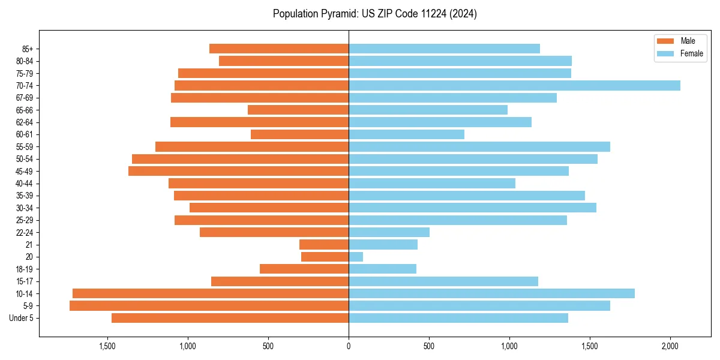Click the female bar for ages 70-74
pos(514,85)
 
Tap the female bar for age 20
pos(356,257)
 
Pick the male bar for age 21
pos(324,245)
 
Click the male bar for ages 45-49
pos(238,171)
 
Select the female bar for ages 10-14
pos(491,293)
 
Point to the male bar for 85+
pos(279,49)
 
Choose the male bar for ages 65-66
pos(298,110)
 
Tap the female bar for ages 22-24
pos(389,232)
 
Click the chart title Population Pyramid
pos(375,14)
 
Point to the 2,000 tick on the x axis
pos(670,347)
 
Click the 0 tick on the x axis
pos(349,347)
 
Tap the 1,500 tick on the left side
pos(107,347)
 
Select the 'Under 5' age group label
pos(22,318)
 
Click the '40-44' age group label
pos(25,184)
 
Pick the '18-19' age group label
pos(25,269)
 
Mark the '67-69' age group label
pos(25,98)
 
